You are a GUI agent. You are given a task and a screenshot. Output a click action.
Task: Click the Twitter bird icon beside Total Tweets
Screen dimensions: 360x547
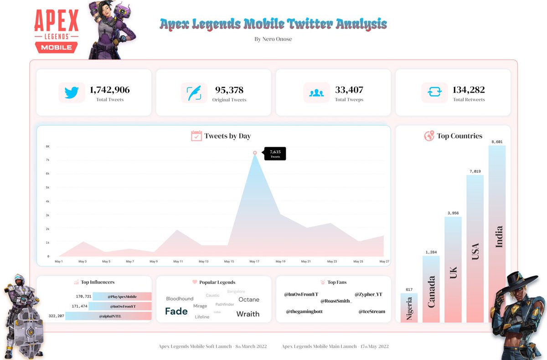(x=72, y=93)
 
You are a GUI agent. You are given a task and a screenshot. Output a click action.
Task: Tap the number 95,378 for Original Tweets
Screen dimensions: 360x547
(x=230, y=90)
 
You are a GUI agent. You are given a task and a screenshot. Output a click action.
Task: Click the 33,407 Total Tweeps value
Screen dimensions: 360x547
(x=349, y=90)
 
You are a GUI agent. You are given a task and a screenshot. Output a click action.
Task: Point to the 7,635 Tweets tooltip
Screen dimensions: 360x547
(x=275, y=154)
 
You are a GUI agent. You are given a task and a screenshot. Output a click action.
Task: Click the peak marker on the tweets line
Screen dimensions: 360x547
(x=255, y=153)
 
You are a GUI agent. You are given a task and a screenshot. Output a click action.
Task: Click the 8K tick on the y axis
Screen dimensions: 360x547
(x=47, y=146)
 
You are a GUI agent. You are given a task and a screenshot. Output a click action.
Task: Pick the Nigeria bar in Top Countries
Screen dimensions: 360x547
(x=409, y=308)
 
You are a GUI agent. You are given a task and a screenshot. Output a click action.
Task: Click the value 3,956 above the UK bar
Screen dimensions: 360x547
(x=453, y=213)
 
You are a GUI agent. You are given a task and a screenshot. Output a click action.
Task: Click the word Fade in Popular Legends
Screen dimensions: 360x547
(x=176, y=311)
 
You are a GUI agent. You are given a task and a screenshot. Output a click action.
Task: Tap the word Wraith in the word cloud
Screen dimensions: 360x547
(x=248, y=314)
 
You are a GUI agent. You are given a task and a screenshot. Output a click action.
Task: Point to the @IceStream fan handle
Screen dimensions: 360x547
(x=372, y=312)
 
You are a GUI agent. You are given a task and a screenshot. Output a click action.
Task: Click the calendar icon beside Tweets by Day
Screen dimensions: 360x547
(x=196, y=136)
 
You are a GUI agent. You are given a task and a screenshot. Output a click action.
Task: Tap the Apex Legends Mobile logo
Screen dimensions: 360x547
(x=56, y=31)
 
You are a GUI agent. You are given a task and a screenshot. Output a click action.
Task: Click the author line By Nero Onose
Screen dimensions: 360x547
(x=273, y=39)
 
